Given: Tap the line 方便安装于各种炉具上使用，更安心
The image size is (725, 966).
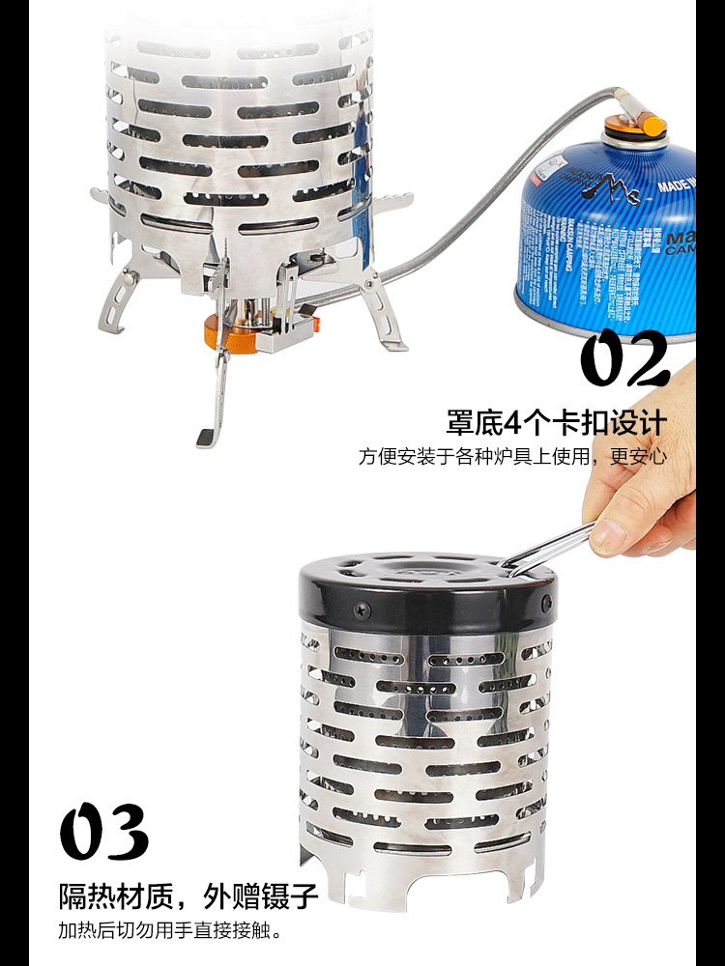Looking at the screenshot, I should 512,456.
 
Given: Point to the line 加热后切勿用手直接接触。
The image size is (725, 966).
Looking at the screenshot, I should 169,932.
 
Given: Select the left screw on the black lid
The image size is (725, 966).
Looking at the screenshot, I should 362,610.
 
